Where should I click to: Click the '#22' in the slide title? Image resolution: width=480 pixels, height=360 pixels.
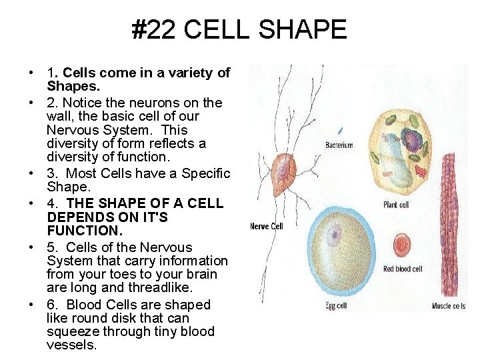pyautogui.click(x=153, y=30)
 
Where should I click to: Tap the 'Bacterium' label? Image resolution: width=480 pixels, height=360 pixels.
pyautogui.click(x=339, y=145)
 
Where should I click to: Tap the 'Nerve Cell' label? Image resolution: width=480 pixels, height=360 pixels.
pyautogui.click(x=267, y=227)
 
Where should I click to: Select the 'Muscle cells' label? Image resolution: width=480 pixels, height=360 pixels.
pyautogui.click(x=449, y=306)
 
